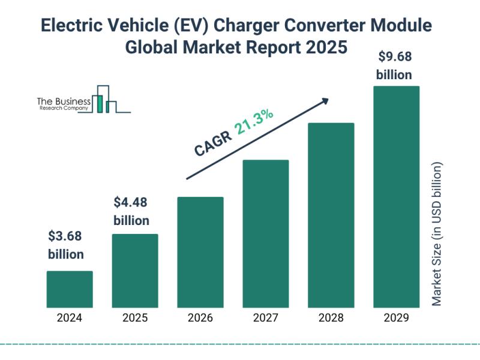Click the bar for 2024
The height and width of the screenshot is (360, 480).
tap(70, 289)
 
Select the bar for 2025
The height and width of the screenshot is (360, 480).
tap(135, 271)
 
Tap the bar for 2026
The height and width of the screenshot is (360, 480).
tap(200, 252)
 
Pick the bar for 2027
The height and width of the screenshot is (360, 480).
tap(266, 233)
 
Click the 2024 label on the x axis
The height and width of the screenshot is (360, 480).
tap(70, 318)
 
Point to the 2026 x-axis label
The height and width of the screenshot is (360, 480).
tap(200, 318)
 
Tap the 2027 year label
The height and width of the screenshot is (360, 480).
tap(266, 318)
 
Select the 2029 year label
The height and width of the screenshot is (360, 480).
tap(396, 318)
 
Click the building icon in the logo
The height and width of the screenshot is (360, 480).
tap(108, 100)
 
